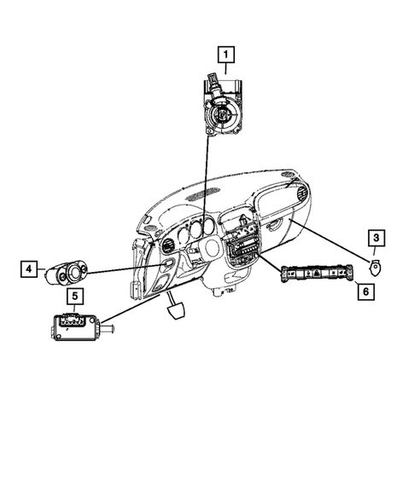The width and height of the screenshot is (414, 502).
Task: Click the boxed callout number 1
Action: click(x=226, y=56)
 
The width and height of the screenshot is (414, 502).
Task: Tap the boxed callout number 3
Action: click(x=376, y=239)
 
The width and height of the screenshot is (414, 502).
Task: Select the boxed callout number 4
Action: click(x=30, y=270)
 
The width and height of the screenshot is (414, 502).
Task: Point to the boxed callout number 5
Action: click(x=74, y=297)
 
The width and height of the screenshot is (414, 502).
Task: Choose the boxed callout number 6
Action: click(x=364, y=291)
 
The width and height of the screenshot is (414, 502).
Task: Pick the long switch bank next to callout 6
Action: click(x=316, y=274)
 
